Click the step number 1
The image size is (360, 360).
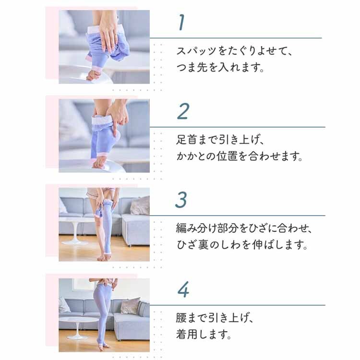(181, 23)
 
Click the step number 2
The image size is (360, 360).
(183, 111)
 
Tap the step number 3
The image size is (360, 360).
(181, 200)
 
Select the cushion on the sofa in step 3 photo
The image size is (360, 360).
(140, 205)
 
